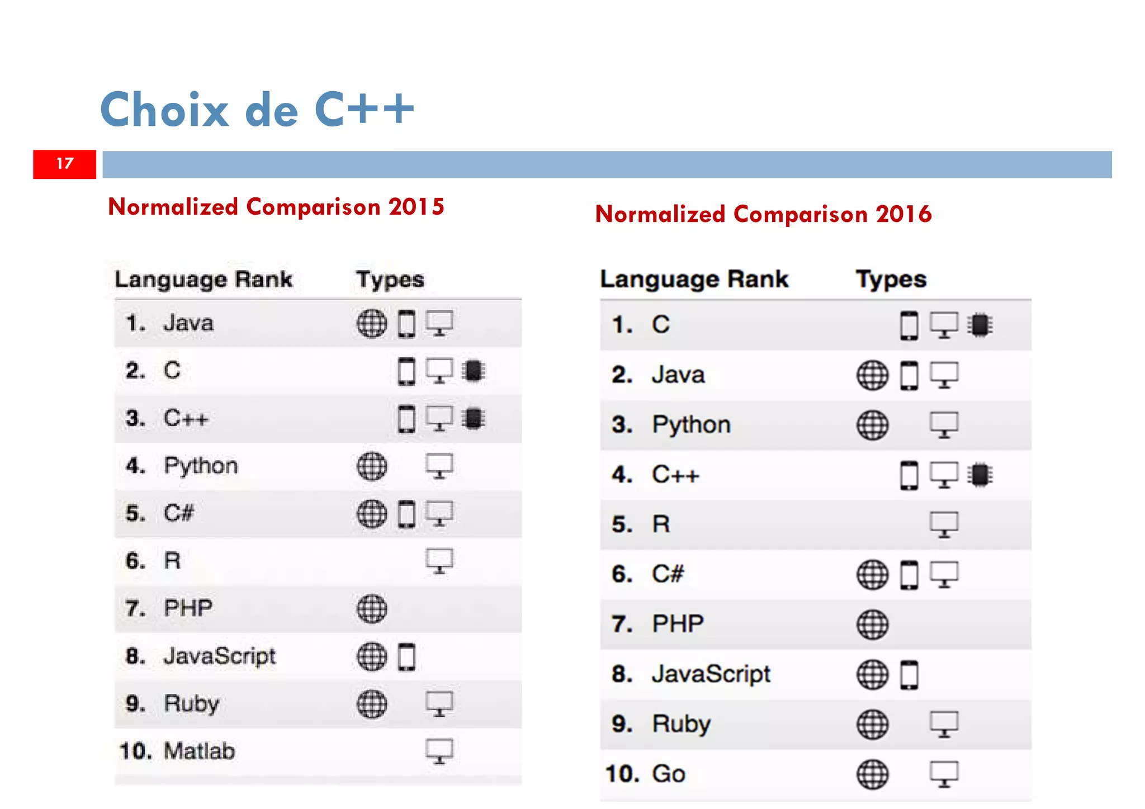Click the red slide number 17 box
[64, 164]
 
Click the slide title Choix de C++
[257, 109]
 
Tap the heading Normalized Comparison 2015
[276, 207]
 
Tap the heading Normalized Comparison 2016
[763, 214]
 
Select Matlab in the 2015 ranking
[198, 751]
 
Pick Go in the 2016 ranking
[668, 774]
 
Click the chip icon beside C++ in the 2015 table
[474, 418]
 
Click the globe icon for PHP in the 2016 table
[872, 625]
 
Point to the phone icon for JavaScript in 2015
[406, 656]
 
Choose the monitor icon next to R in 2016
[944, 524]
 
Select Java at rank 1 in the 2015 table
[188, 323]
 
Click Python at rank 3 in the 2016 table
[691, 425]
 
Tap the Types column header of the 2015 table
[390, 280]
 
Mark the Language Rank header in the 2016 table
[694, 279]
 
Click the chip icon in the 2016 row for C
[980, 325]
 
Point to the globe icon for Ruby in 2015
[372, 704]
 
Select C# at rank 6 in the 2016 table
[668, 574]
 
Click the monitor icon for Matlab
[439, 751]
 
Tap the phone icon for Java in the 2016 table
[909, 375]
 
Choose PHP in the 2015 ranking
[188, 608]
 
